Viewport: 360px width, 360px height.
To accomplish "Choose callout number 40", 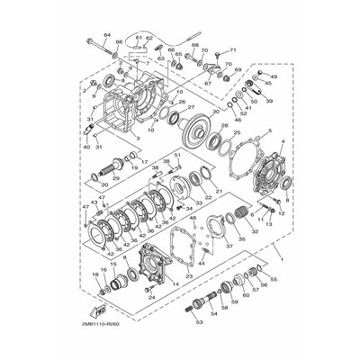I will point(85,146).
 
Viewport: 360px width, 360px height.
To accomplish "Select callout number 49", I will point(274,78).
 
